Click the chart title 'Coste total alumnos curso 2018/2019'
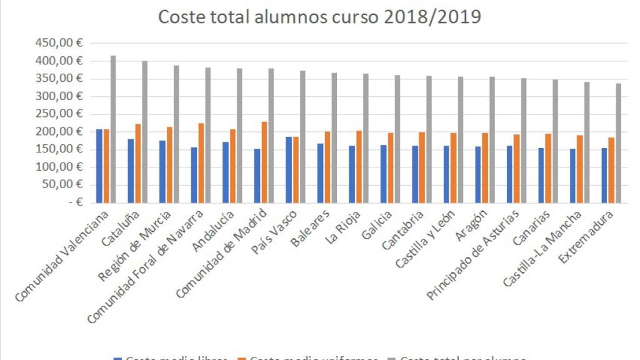[319, 17]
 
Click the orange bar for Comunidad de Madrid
[264, 162]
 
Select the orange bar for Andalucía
[233, 166]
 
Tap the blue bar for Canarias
[541, 175]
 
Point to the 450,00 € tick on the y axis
[63, 43]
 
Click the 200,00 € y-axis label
[63, 132]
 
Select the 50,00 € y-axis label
[66, 185]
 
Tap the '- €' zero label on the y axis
[76, 202]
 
